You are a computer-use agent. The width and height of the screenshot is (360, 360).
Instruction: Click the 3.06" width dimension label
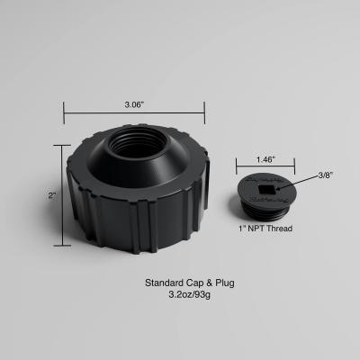[134, 104]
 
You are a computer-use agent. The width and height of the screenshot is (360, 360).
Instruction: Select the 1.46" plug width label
[265, 159]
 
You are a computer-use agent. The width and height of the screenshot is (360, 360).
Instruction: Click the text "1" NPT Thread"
[264, 229]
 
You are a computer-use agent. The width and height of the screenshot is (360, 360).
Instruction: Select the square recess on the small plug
[265, 190]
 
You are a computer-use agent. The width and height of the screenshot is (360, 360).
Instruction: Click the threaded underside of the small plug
[264, 211]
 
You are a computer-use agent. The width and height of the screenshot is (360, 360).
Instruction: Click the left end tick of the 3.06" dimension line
[64, 114]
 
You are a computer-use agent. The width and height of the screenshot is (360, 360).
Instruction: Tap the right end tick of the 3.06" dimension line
[204, 114]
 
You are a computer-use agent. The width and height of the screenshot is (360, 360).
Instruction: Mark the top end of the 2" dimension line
[64, 148]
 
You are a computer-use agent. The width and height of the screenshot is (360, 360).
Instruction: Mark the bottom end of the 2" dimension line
[64, 245]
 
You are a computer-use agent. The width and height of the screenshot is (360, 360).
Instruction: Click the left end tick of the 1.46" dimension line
[237, 167]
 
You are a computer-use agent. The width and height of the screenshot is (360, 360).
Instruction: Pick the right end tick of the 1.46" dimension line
[294, 167]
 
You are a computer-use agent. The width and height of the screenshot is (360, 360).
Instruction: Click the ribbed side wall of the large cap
[135, 220]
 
